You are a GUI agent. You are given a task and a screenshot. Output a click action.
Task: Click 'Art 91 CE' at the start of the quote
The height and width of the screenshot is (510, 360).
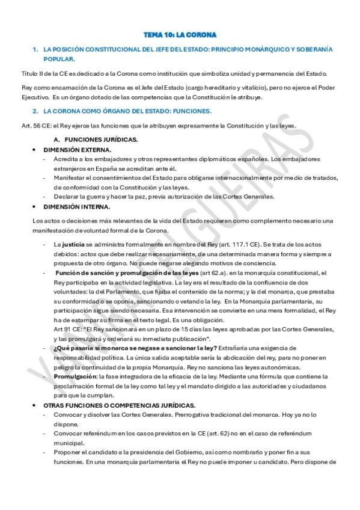(x=66, y=330)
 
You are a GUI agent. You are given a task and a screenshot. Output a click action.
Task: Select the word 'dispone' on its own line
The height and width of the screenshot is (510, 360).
(x=66, y=425)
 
